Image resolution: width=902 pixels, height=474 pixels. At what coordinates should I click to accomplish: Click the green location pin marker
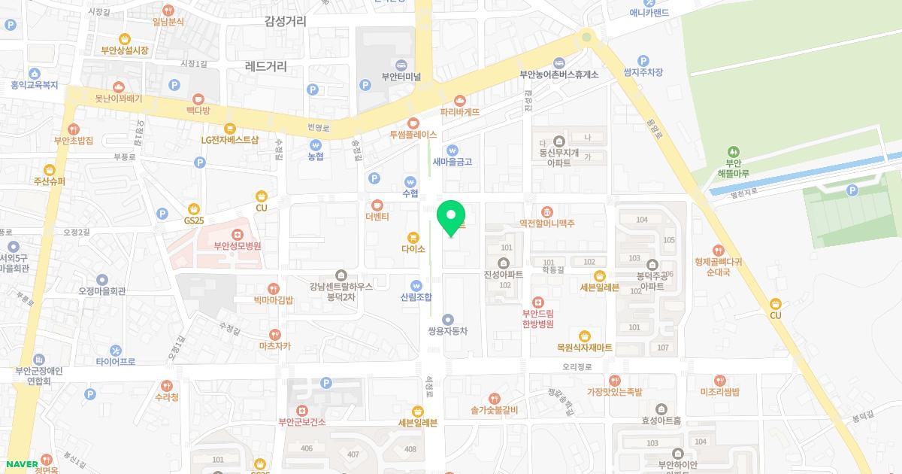pos(451,218)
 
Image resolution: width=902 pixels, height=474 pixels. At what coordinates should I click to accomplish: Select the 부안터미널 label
pos(401,77)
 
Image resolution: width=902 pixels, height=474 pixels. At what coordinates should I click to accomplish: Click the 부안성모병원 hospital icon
pos(238,233)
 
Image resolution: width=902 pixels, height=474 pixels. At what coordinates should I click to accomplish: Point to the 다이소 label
pos(413,249)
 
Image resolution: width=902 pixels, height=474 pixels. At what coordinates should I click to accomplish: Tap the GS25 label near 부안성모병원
pos(194,220)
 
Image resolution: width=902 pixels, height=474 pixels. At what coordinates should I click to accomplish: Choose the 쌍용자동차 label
pos(448,331)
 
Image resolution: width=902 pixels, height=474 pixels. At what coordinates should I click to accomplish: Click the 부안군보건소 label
pos(301,422)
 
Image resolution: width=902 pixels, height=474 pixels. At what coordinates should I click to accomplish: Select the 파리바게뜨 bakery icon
pos(460,100)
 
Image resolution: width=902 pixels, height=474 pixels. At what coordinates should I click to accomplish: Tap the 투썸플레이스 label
pos(413,135)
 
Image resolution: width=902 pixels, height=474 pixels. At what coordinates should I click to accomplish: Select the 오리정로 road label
pos(577,367)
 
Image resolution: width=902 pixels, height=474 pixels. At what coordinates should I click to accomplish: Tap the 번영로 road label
pos(319,128)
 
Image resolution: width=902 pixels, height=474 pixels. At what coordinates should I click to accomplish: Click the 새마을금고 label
pos(452,162)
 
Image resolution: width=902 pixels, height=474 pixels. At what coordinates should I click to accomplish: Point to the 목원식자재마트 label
pos(584,348)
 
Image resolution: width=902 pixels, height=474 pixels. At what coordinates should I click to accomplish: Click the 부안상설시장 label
pos(125,50)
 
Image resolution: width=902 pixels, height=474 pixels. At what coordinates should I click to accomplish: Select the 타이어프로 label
pos(115,362)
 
